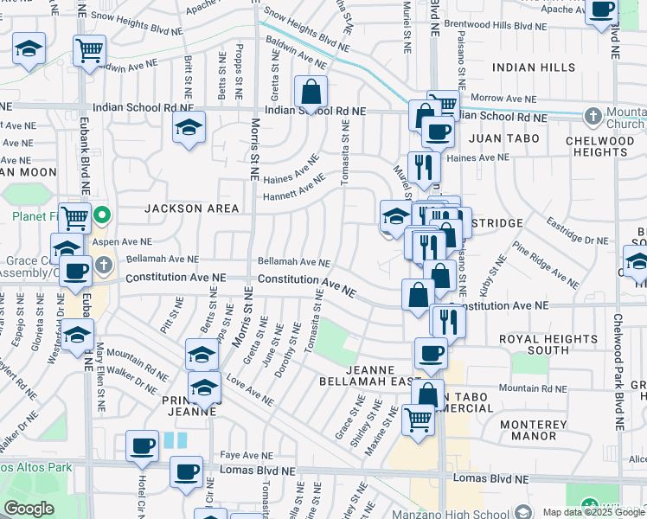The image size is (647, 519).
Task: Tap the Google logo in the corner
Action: coord(29,509)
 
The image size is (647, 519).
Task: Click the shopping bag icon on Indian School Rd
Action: coord(311,92)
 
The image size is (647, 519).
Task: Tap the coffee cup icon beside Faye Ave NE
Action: coord(143,446)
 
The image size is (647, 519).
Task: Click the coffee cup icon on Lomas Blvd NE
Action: coord(186,473)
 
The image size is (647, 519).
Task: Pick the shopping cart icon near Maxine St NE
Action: coord(419,420)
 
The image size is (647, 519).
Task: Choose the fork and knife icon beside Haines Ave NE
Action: coord(423,165)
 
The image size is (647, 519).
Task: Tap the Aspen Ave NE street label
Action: coord(126,242)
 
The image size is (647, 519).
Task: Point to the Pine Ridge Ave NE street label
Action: coord(545,266)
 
